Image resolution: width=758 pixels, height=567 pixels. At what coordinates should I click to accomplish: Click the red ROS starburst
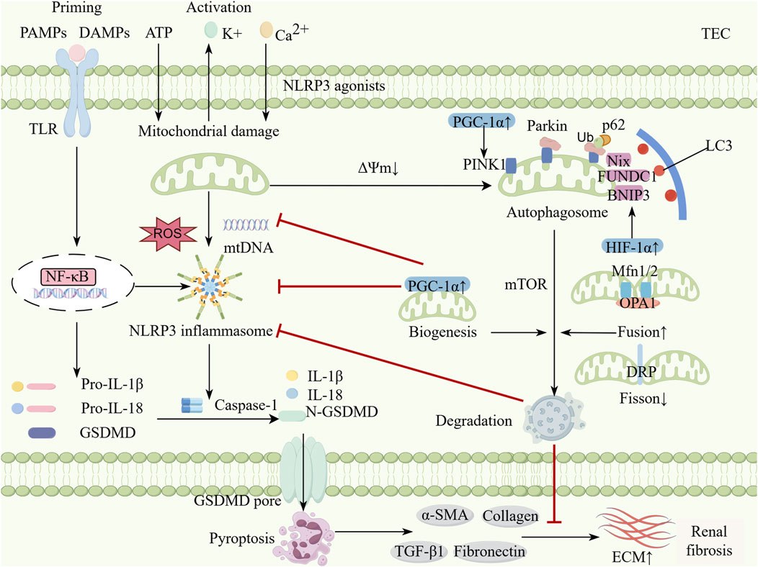[168, 234]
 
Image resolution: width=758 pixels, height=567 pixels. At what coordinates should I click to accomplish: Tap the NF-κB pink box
[68, 276]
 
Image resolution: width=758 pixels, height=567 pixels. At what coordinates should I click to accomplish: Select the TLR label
[43, 129]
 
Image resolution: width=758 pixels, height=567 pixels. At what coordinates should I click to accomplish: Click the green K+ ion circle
[211, 30]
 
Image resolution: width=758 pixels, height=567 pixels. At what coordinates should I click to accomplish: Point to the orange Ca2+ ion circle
[267, 30]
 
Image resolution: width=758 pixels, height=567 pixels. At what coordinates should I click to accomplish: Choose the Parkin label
[547, 126]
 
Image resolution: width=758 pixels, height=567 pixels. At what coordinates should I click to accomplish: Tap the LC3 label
[718, 145]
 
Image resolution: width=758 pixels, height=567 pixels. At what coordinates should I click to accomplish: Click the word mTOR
[526, 284]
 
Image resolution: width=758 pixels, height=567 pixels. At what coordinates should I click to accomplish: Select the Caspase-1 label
[246, 405]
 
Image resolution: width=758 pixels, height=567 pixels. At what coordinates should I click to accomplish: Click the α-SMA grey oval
[445, 515]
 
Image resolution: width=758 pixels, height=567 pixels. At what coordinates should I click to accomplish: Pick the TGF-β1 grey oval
[419, 550]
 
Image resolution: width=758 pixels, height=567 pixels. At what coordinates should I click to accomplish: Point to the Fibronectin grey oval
[489, 550]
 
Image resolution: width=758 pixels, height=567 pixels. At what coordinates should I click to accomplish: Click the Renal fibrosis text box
[709, 541]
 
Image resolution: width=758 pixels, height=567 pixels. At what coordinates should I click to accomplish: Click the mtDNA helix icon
[246, 224]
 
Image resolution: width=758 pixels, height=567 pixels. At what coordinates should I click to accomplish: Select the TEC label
[715, 34]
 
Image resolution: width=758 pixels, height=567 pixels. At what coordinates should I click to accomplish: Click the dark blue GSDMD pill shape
[42, 432]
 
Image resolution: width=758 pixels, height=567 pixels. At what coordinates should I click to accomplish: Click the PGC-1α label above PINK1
[481, 122]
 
